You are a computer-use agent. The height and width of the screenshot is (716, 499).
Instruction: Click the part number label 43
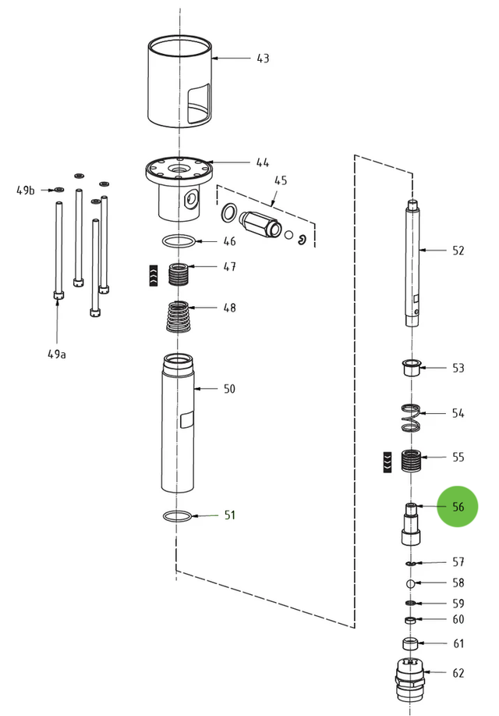click(263, 59)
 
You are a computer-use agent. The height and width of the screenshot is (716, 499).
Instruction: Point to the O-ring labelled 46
click(179, 241)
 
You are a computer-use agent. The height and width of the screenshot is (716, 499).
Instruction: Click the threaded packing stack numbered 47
click(179, 274)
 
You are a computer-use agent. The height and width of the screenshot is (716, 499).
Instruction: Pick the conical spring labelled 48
click(179, 316)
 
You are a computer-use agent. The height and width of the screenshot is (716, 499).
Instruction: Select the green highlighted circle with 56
click(458, 507)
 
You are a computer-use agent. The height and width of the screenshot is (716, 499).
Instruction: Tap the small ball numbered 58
click(410, 583)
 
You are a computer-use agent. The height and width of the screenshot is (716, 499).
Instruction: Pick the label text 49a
click(57, 354)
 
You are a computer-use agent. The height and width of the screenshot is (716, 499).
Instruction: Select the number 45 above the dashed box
click(280, 180)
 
